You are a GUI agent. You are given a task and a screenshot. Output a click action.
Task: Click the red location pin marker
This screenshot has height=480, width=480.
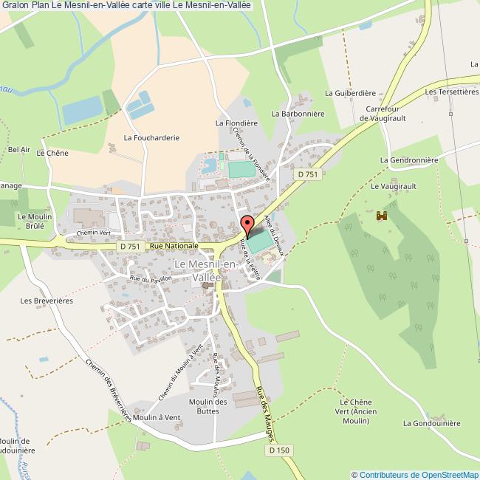click(248, 224)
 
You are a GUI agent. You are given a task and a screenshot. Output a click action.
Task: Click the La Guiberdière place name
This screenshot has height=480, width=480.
click(352, 94)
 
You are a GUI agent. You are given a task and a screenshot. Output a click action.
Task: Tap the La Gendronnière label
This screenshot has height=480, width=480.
click(409, 160)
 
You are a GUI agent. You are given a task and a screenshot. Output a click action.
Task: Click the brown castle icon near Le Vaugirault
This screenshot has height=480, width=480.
click(382, 216)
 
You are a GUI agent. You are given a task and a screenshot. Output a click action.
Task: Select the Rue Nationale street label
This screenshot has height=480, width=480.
click(174, 246)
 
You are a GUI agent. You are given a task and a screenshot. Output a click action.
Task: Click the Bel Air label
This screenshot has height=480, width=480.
click(18, 149)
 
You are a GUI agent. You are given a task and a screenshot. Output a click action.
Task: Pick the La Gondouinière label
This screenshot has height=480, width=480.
click(432, 423)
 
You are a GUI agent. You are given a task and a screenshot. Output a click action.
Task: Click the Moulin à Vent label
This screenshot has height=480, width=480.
click(157, 417)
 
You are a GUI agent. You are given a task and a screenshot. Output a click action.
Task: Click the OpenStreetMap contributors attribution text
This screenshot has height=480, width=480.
click(415, 474)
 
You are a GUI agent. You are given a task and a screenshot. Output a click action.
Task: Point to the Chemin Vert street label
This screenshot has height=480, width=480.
click(93, 233)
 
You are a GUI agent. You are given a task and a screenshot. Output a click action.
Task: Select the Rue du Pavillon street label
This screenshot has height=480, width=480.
click(151, 279)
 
